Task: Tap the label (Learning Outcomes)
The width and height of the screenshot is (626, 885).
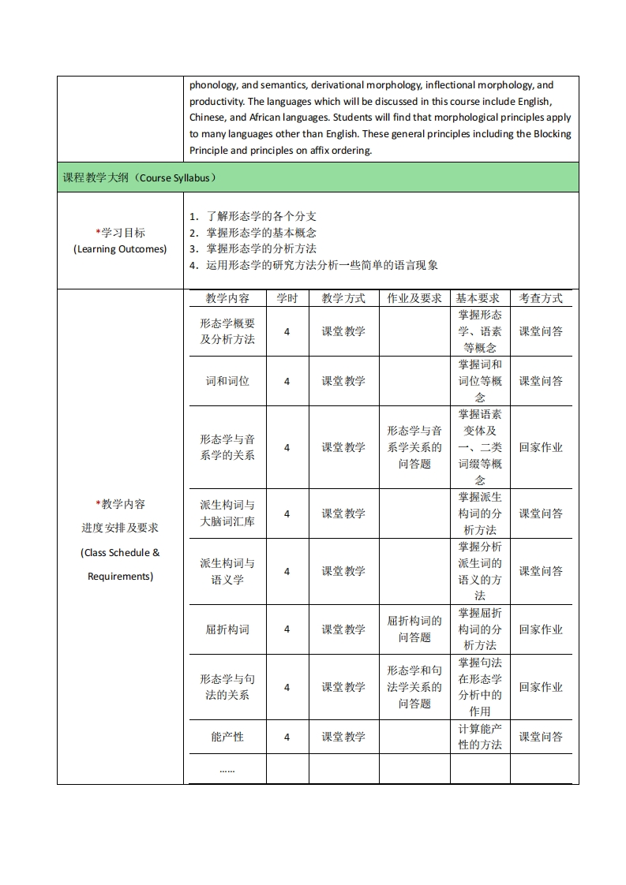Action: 120,248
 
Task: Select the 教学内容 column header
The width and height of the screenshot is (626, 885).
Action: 227,298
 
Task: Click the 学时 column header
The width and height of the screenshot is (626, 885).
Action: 287,298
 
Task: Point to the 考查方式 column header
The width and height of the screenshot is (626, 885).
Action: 541,298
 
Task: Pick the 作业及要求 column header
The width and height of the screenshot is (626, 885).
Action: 414,298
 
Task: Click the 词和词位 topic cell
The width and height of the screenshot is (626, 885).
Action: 227,381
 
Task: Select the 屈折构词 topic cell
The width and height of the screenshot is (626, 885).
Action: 227,629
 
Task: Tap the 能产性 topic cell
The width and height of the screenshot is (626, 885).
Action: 227,737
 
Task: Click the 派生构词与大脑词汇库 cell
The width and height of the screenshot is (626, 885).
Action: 227,513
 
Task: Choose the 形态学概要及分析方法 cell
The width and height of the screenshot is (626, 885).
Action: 227,331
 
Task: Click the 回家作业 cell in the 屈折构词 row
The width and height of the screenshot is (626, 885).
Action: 541,629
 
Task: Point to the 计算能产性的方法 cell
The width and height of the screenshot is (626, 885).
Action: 480,737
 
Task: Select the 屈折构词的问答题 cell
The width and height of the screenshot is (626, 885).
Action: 414,629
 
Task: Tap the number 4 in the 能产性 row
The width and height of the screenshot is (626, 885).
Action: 287,737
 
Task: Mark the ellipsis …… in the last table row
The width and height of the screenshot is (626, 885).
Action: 227,769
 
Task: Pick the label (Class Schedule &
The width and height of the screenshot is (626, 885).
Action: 120,552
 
